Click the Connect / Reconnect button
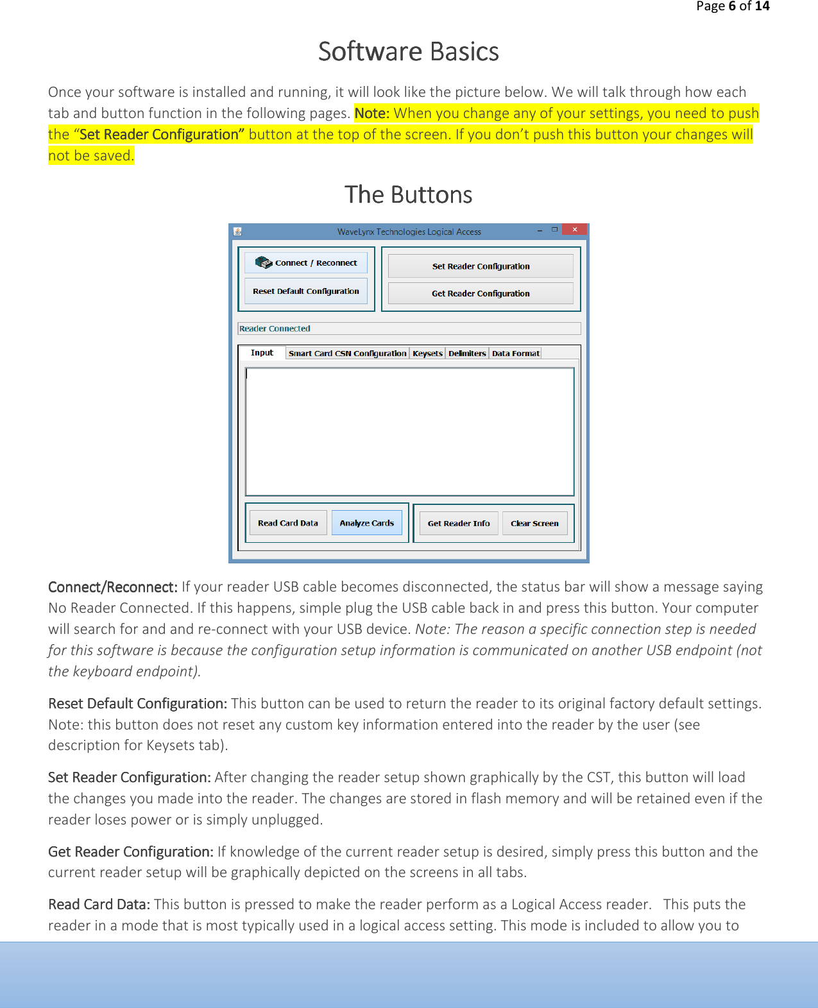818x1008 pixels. (x=306, y=263)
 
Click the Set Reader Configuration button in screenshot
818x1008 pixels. (x=481, y=266)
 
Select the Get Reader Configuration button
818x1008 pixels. (x=481, y=294)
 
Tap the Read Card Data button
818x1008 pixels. (x=288, y=523)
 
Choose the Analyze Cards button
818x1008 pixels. (x=367, y=523)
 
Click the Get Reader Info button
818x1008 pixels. (x=459, y=524)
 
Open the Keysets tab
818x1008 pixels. (x=427, y=354)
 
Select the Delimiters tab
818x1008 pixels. (x=467, y=354)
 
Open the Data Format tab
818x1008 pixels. (x=515, y=354)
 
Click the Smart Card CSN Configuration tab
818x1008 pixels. (x=347, y=354)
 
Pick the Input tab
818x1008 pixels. (x=262, y=353)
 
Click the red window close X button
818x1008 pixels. (x=575, y=229)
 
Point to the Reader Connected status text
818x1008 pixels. (x=275, y=329)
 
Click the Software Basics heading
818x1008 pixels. (x=409, y=52)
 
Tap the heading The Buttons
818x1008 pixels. (x=409, y=195)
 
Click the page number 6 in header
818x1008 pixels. (x=732, y=6)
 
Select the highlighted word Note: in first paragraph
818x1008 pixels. (x=372, y=114)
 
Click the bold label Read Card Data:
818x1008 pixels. (x=99, y=905)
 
